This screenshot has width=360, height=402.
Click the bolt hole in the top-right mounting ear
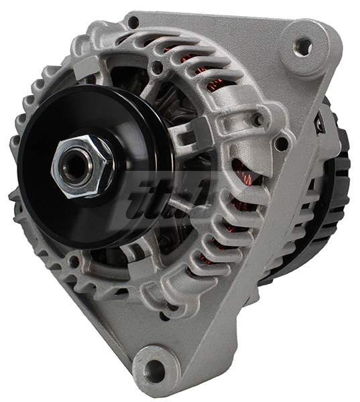pyautogui.click(x=304, y=47)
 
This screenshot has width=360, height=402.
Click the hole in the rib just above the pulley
pyautogui.click(x=158, y=68)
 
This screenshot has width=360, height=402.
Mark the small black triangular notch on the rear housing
pyautogui.click(x=320, y=123)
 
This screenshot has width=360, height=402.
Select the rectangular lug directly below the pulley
pyautogui.click(x=137, y=268)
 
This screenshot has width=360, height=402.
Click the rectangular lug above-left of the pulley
pyautogui.click(x=86, y=67)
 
